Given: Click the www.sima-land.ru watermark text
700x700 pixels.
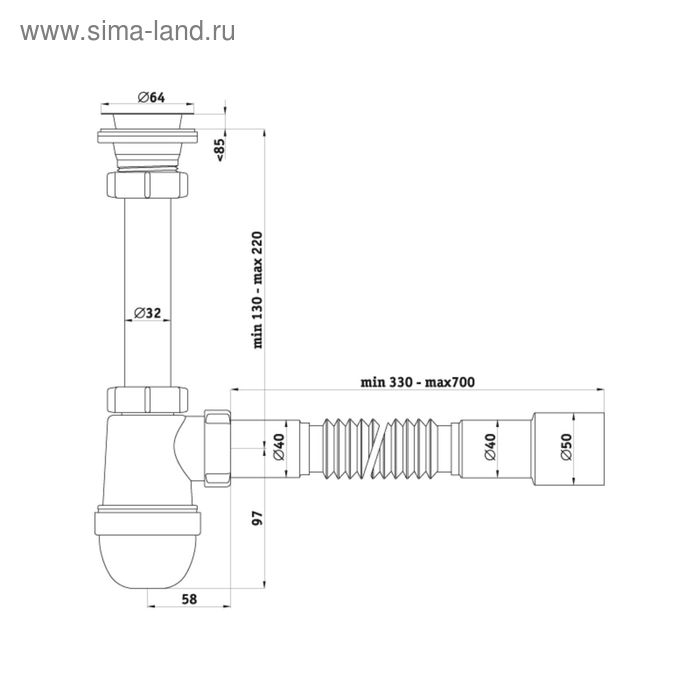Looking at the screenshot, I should pyautogui.click(x=127, y=31).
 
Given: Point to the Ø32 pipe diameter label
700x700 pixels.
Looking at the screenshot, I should pyautogui.click(x=148, y=312).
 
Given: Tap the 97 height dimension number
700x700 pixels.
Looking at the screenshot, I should pyautogui.click(x=256, y=519).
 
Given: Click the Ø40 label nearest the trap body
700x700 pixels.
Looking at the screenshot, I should pyautogui.click(x=279, y=447).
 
